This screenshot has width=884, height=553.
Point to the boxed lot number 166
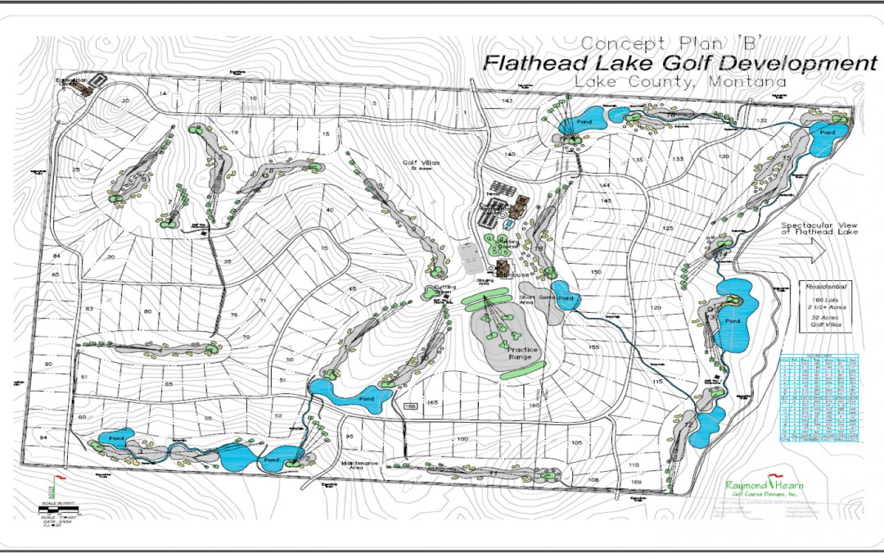[x=411, y=406]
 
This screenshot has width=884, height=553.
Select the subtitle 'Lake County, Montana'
[x=679, y=82]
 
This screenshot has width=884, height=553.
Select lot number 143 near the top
[x=507, y=101]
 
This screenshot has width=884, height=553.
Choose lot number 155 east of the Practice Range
[x=593, y=347]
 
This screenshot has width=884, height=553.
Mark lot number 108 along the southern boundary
[x=593, y=479]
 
